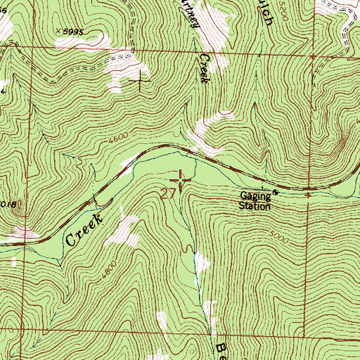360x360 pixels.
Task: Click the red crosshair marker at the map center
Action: click(x=181, y=181)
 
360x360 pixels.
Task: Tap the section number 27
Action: click(x=169, y=193)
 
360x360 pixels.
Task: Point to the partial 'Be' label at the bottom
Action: click(x=219, y=349)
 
